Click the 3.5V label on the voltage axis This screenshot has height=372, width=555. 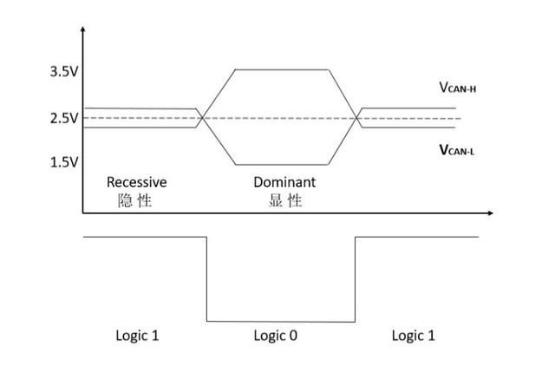pyautogui.click(x=64, y=71)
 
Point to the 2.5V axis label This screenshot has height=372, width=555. pyautogui.click(x=64, y=118)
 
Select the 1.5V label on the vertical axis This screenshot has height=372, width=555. pyautogui.click(x=64, y=162)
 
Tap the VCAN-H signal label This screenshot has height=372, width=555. pyautogui.click(x=458, y=87)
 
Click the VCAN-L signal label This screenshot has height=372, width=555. pyautogui.click(x=457, y=150)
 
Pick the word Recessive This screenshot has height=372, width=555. pyautogui.click(x=137, y=182)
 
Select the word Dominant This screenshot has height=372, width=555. pyautogui.click(x=284, y=182)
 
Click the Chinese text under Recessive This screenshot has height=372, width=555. pyautogui.click(x=134, y=200)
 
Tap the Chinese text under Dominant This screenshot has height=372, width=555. pyautogui.click(x=285, y=200)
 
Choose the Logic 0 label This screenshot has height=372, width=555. pyautogui.click(x=276, y=336)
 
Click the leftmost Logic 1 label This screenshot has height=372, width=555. pyautogui.click(x=137, y=336)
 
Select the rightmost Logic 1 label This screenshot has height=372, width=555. pyautogui.click(x=413, y=336)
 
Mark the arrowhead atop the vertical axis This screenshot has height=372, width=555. pyautogui.click(x=83, y=29)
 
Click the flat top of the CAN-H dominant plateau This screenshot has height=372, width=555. pyautogui.click(x=282, y=69)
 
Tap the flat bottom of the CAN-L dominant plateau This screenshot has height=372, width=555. pyautogui.click(x=282, y=165)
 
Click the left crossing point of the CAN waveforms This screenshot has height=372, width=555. pyautogui.click(x=202, y=118)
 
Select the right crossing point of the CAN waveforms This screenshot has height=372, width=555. pyautogui.click(x=356, y=118)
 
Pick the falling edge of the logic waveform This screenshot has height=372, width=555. pyautogui.click(x=206, y=279)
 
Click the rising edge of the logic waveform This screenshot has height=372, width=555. pyautogui.click(x=355, y=279)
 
